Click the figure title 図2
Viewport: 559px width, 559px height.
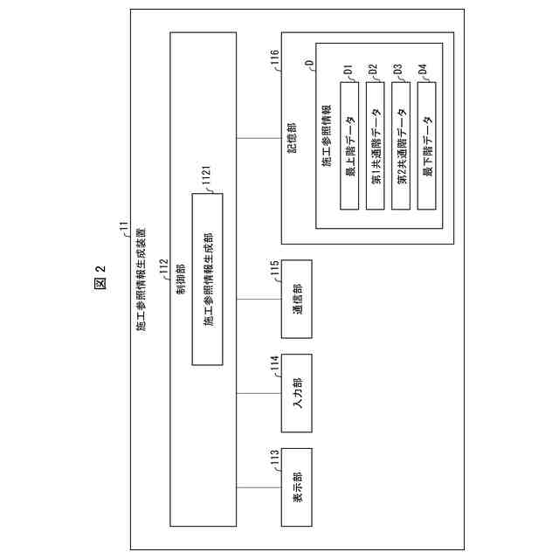[100, 279]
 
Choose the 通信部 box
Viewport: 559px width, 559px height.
[296, 300]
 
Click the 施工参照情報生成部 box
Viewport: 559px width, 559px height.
[208, 279]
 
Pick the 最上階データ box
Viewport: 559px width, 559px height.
[349, 144]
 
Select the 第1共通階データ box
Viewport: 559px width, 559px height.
[375, 144]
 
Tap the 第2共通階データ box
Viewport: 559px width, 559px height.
[401, 144]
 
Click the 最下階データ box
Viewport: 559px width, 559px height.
[427, 144]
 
